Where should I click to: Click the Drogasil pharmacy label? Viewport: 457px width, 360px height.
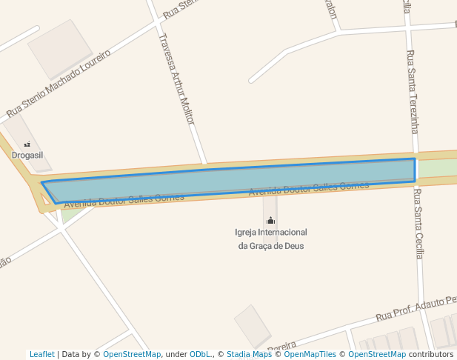coord(27,155)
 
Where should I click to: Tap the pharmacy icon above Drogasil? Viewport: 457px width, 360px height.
coord(27,144)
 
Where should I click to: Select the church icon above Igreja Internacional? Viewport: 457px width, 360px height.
coord(270,220)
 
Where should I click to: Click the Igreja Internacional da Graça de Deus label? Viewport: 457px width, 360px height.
coord(270,239)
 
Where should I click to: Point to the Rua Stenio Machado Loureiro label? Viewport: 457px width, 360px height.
coord(59,84)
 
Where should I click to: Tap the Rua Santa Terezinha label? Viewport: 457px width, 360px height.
coord(413,92)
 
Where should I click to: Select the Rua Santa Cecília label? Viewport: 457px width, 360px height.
coord(418,224)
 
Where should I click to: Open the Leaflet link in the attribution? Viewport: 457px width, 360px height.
coord(41,354)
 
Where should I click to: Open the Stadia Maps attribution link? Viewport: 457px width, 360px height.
coord(249,354)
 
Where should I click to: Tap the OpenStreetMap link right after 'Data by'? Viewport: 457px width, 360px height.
coord(131,354)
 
